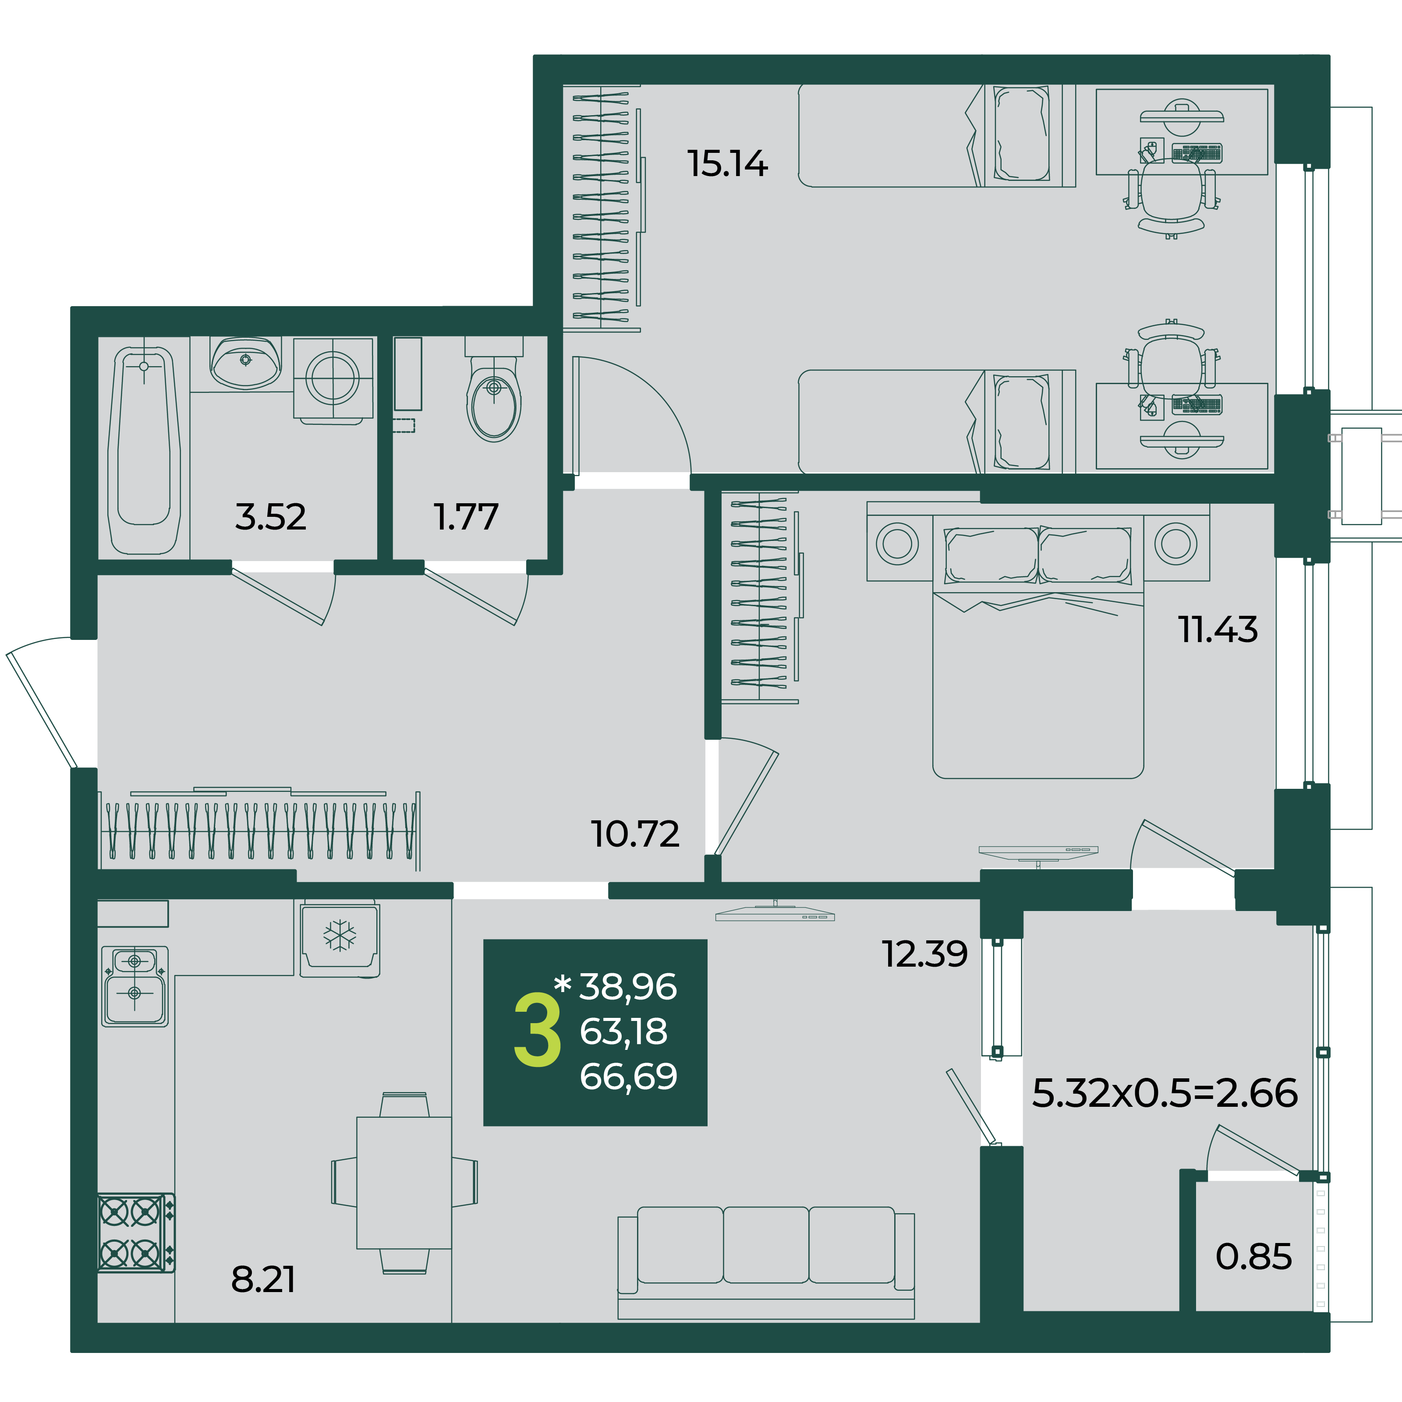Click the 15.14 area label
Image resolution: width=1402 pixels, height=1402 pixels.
click(x=727, y=163)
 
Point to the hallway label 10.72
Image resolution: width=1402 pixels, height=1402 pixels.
click(x=635, y=834)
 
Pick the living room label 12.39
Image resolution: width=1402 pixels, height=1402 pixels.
click(x=924, y=954)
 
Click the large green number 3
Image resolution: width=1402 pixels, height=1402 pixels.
click(x=537, y=1031)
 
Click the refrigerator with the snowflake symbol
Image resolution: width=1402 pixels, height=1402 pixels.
click(x=340, y=938)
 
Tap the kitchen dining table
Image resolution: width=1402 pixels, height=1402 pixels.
click(x=404, y=1183)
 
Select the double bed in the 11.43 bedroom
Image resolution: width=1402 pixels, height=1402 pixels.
click(x=1038, y=646)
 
